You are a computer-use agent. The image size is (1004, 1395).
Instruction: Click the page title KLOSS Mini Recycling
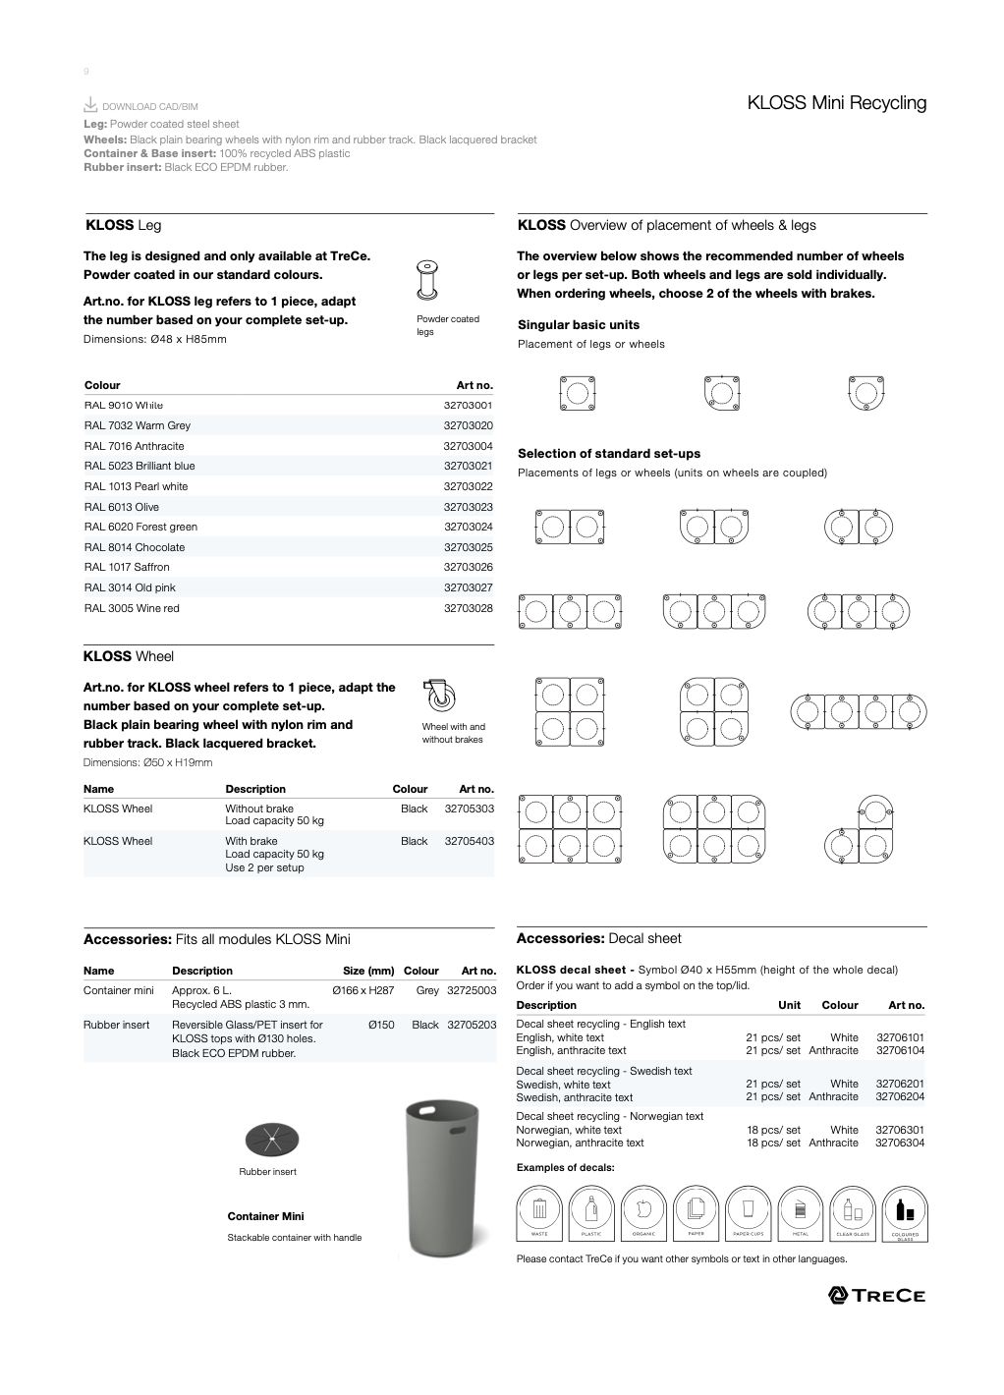click(x=836, y=102)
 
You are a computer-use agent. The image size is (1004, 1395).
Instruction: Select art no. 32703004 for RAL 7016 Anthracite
click(x=468, y=446)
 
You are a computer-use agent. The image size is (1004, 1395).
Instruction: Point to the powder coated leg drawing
click(x=427, y=281)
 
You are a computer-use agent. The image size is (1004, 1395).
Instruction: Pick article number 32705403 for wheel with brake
click(x=469, y=841)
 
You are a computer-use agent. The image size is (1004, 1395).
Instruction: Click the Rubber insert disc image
click(x=271, y=1140)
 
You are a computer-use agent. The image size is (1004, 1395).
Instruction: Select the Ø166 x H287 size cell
click(x=363, y=990)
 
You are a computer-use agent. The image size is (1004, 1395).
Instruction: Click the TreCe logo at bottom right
click(x=877, y=1295)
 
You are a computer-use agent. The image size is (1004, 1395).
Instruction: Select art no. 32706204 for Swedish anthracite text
click(x=899, y=1097)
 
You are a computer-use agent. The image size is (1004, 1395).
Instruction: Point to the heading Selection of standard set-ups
click(x=609, y=454)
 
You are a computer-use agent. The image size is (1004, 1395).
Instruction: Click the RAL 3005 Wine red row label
click(x=132, y=608)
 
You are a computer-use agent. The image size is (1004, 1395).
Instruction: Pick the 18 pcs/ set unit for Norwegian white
click(x=773, y=1130)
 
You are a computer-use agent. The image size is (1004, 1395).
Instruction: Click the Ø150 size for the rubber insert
click(x=381, y=1025)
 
